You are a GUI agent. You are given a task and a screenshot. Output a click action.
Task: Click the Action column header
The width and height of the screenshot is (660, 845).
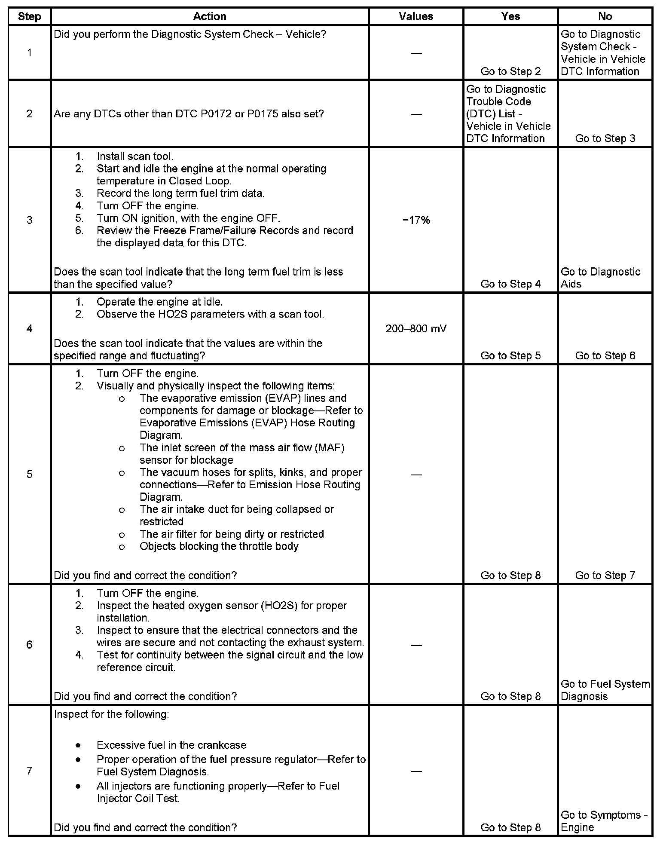click(209, 16)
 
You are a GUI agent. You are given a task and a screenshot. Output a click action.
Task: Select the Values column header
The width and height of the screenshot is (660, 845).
click(416, 16)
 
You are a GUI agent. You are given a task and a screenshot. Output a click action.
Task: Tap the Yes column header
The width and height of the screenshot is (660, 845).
click(510, 16)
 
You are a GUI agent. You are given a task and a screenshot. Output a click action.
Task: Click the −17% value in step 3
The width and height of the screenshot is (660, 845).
click(416, 220)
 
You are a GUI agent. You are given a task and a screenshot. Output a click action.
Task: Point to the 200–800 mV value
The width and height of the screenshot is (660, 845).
click(416, 329)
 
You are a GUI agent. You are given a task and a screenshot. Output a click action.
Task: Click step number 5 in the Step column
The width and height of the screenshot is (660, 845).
click(29, 474)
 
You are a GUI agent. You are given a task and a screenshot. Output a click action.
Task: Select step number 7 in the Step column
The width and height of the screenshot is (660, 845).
click(29, 771)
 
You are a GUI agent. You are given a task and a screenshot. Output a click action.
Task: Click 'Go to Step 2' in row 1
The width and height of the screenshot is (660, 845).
click(510, 71)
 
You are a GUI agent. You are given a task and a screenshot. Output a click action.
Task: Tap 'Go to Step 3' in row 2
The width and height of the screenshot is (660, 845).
click(605, 138)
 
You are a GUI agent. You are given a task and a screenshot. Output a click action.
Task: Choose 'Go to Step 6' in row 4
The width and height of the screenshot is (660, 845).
click(605, 355)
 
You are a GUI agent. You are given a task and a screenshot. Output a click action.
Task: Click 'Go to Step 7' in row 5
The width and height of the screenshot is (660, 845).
click(605, 575)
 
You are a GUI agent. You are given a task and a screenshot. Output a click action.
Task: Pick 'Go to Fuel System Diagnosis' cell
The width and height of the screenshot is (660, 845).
click(605, 690)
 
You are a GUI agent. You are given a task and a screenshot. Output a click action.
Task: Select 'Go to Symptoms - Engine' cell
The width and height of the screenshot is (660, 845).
click(604, 821)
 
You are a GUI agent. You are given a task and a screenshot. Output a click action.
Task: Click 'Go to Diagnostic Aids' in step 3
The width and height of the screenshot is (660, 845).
click(600, 278)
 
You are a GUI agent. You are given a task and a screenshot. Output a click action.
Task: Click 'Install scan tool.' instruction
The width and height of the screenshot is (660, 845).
click(135, 156)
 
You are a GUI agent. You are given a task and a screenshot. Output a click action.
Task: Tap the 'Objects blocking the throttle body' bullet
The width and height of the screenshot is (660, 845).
click(219, 546)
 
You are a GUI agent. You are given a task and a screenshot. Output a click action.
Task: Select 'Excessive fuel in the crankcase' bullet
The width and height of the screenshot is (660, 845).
click(171, 745)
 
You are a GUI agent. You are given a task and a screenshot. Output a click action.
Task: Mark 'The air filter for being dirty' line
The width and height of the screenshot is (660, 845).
click(232, 534)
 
